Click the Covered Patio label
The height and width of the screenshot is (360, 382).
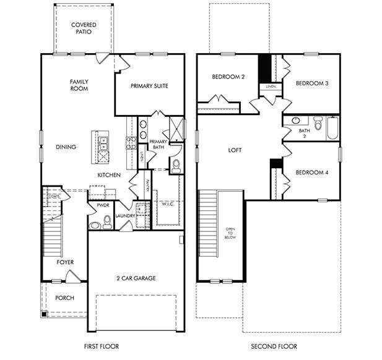click(x=83, y=28)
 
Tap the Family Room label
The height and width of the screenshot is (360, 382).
click(x=79, y=85)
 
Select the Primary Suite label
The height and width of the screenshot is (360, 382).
click(x=149, y=86)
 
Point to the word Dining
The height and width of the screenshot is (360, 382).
click(x=66, y=147)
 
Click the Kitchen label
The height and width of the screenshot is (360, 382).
click(x=109, y=176)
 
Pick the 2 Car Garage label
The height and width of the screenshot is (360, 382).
click(x=136, y=278)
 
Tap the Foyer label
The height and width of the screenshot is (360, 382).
click(x=65, y=262)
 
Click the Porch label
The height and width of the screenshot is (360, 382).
click(x=64, y=298)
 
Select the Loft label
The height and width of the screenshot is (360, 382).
click(x=235, y=150)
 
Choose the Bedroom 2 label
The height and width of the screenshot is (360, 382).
click(x=228, y=77)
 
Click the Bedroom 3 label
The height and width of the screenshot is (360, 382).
click(x=311, y=84)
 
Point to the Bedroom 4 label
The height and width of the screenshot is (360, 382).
click(x=311, y=173)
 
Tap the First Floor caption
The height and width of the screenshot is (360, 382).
click(x=101, y=346)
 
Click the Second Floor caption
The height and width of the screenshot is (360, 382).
click(x=274, y=346)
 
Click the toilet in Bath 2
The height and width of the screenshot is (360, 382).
click(x=318, y=124)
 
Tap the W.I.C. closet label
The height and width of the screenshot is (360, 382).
click(x=168, y=204)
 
